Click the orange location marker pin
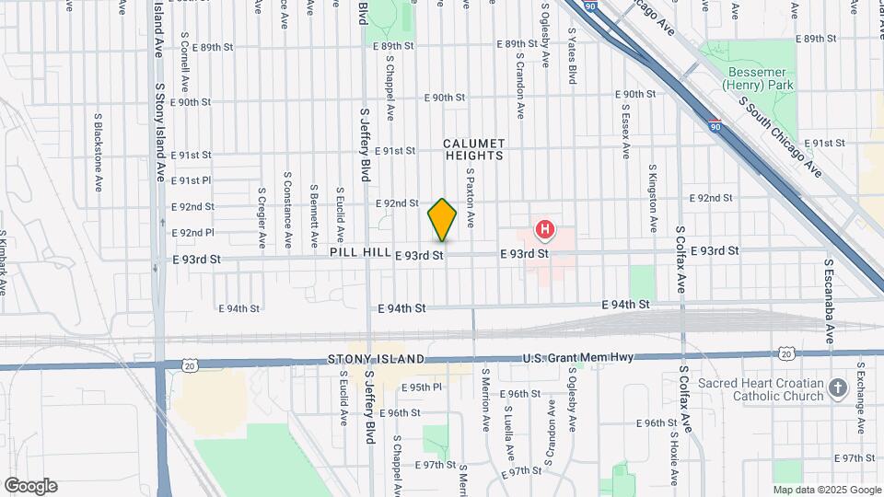[442, 220]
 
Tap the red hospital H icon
[545, 228]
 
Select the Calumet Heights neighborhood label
[473, 149]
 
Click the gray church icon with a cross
[837, 387]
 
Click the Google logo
[30, 486]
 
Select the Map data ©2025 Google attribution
[827, 490]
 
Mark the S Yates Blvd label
[572, 56]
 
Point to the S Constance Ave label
[287, 199]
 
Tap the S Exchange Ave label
[860, 396]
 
